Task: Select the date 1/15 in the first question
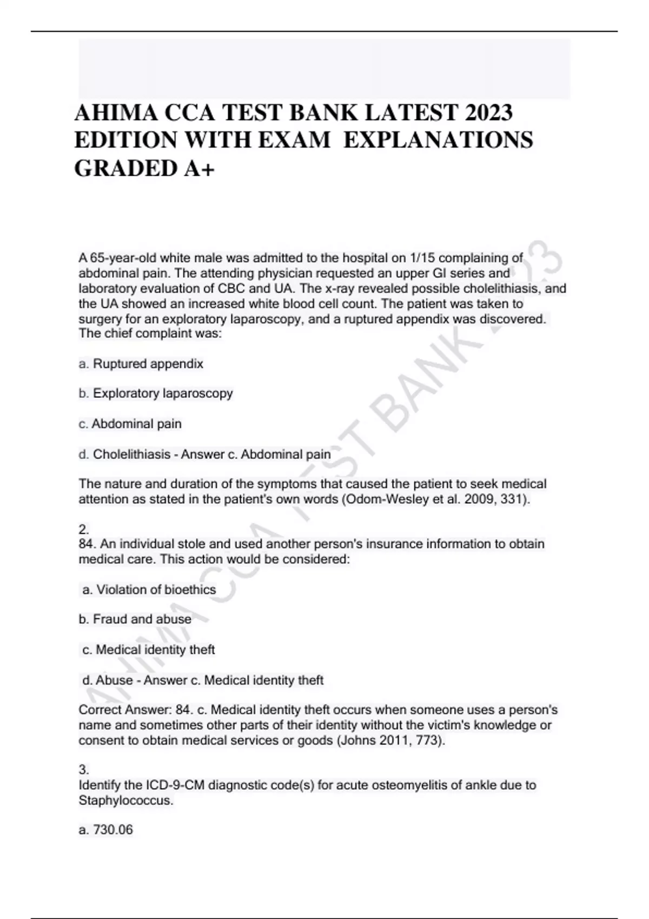422,258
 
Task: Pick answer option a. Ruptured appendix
141,364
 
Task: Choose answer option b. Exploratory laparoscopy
156,393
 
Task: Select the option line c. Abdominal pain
130,424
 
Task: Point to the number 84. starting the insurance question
88,544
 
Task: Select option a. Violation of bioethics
149,590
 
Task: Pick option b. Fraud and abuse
135,619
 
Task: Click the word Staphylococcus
125,800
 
